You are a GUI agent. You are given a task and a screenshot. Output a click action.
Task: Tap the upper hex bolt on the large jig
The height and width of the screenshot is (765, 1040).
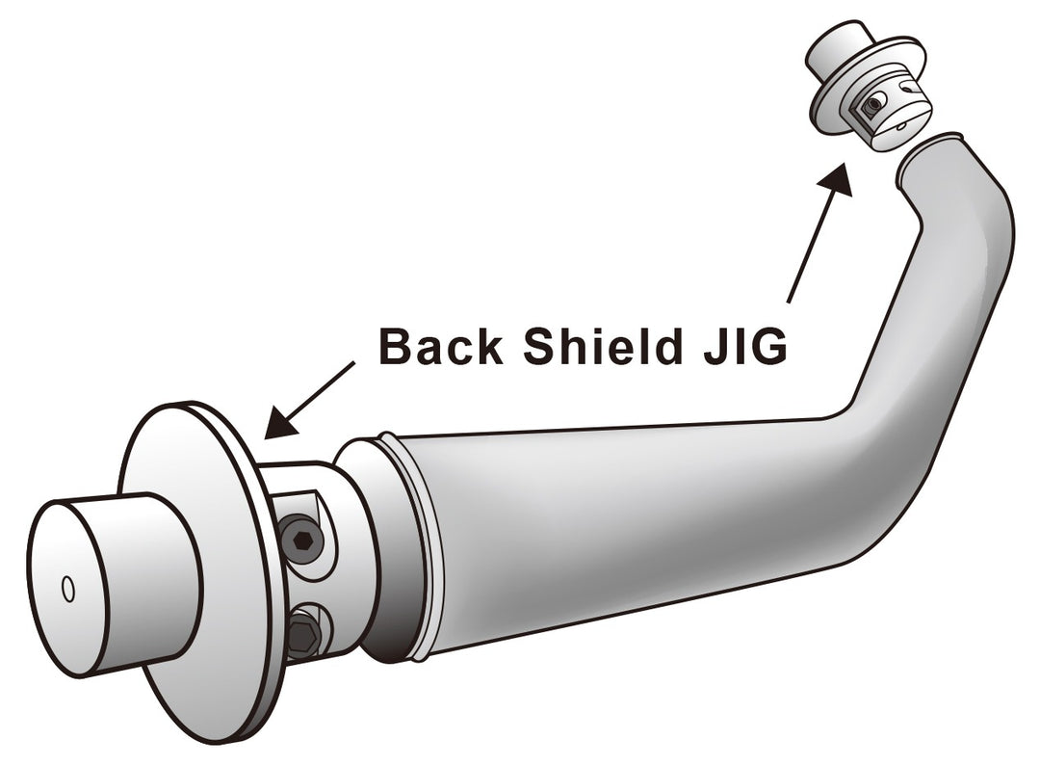(x=303, y=541)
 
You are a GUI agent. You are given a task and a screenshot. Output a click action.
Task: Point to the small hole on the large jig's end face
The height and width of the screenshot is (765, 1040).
(x=67, y=590)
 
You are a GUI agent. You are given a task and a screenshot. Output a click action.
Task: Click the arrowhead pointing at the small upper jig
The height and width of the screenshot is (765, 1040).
(x=837, y=179)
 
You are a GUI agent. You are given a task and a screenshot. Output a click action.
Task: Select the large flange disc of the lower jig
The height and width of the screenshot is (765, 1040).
(x=199, y=570)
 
